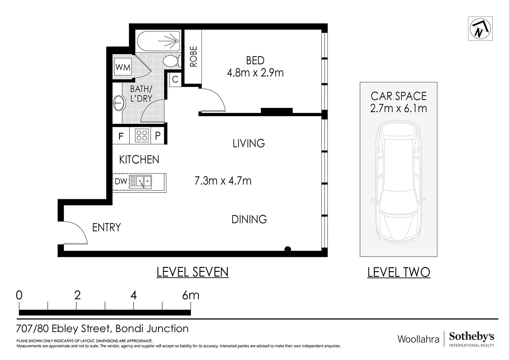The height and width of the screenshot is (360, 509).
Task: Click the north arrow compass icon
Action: [x=480, y=29]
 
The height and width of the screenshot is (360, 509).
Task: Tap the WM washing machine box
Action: [x=123, y=67]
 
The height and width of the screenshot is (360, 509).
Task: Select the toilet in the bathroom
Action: [x=172, y=61]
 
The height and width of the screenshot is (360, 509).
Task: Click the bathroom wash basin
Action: [x=119, y=103]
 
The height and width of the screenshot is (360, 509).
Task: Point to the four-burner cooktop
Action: [x=142, y=136]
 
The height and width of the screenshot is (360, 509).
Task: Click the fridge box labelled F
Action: [x=121, y=136]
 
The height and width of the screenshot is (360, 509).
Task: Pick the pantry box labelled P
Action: [x=157, y=136]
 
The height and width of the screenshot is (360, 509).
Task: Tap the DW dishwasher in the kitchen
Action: [x=121, y=181]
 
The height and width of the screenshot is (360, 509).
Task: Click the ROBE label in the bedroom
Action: [x=193, y=57]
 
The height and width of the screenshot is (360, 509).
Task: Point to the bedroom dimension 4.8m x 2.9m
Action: [x=255, y=73]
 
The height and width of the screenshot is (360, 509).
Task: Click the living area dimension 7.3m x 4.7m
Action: [x=223, y=181]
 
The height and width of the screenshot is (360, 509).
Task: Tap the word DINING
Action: [x=249, y=219]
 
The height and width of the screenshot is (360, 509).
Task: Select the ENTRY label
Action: [x=106, y=227]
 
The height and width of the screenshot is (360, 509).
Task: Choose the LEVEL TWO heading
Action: [x=399, y=272]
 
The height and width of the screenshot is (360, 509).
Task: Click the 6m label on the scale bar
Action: [x=191, y=295]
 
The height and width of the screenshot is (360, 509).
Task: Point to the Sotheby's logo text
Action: [x=471, y=337]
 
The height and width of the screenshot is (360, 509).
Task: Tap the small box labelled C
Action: [x=175, y=79]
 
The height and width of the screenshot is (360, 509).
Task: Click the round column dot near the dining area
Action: [x=288, y=249]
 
